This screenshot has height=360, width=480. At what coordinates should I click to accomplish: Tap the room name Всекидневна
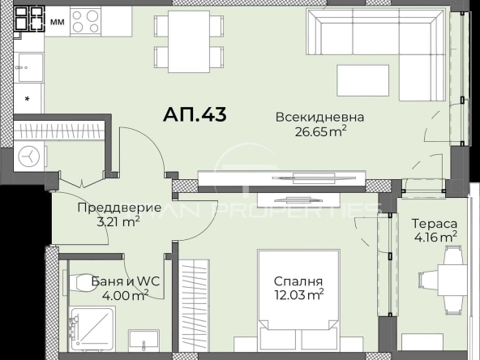pyautogui.click(x=319, y=118)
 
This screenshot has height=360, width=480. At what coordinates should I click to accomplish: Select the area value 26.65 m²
pyautogui.click(x=319, y=132)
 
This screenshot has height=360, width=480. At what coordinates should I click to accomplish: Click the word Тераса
pyautogui.click(x=434, y=223)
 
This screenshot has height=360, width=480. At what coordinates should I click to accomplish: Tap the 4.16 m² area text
pyautogui.click(x=434, y=237)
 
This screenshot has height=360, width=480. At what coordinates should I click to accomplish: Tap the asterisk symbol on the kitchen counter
pyautogui.click(x=29, y=100)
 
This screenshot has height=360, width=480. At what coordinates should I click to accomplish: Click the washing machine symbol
pyautogui.click(x=29, y=156)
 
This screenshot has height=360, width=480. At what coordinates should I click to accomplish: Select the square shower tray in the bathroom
pyautogui.click(x=91, y=330)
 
